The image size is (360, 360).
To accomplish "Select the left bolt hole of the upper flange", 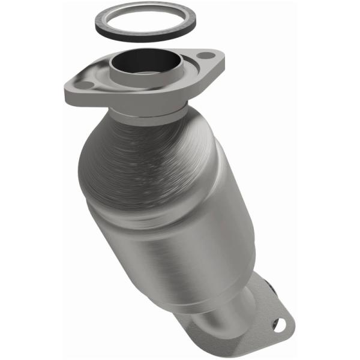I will point(86,85).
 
